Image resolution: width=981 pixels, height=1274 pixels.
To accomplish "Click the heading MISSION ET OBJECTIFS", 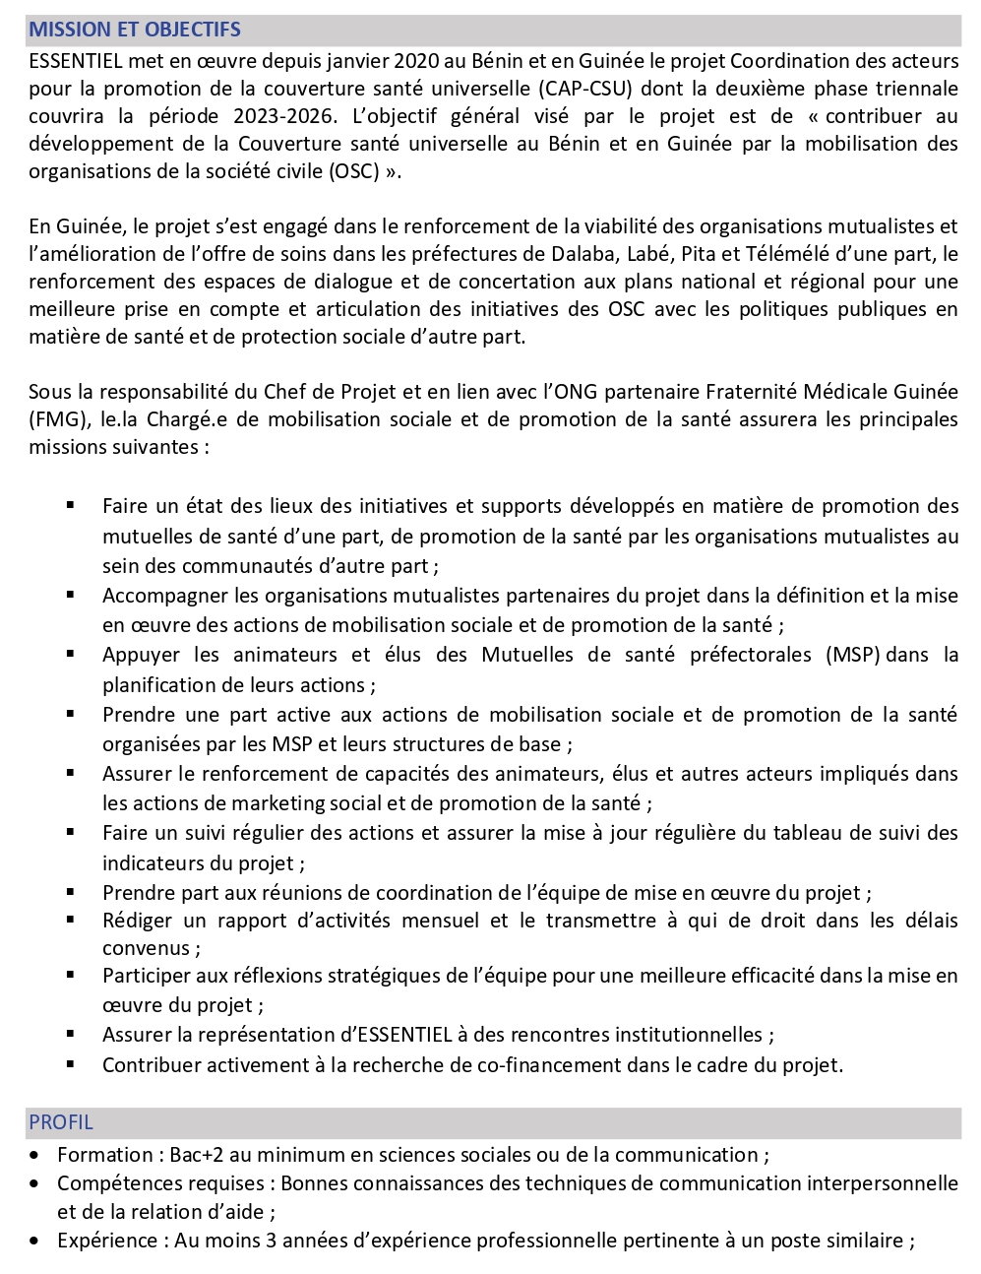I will click(x=134, y=31).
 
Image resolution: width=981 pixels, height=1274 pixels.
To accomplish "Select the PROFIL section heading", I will click(x=61, y=1122).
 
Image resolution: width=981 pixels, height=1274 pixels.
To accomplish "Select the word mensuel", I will click(x=439, y=921).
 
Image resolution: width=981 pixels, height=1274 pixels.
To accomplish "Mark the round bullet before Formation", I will click(x=35, y=1155).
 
